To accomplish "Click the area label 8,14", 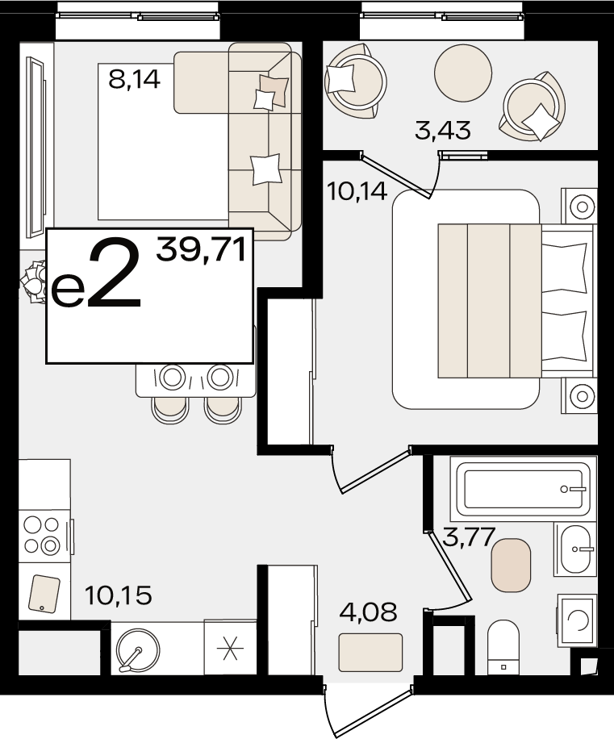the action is click(134, 79).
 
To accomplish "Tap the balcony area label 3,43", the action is click(442, 130).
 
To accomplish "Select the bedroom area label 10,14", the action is click(357, 191).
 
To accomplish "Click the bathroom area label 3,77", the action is click(470, 537).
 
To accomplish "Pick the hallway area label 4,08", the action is click(369, 612).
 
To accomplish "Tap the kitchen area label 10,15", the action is click(119, 595).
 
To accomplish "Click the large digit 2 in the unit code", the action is click(115, 273).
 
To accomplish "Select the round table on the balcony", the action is click(463, 73).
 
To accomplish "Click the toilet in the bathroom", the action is click(503, 647).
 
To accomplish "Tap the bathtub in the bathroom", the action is click(523, 489).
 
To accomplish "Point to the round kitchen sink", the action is click(138, 651).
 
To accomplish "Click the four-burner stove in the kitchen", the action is click(42, 534).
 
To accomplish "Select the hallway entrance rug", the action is click(370, 653).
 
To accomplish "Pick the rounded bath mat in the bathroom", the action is click(511, 565).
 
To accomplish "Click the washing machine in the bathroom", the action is click(577, 620).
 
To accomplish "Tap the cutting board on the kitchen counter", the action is click(44, 594).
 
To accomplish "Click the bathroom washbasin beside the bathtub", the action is click(575, 549).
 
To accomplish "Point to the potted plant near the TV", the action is click(33, 282).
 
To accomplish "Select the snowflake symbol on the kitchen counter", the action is click(230, 648).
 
